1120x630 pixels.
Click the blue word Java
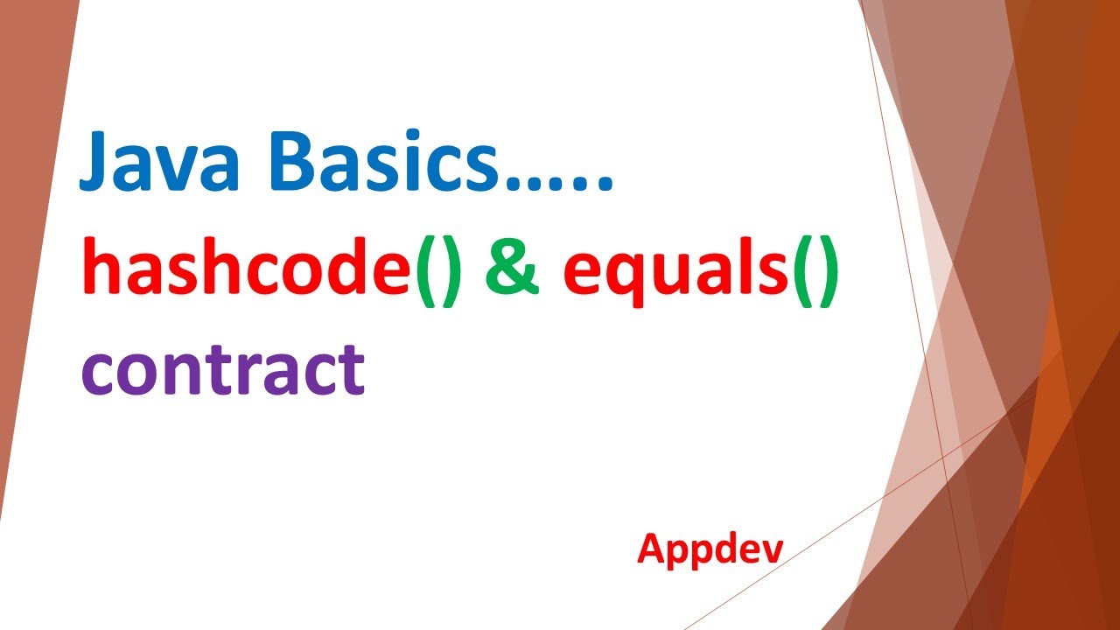pyautogui.click(x=153, y=164)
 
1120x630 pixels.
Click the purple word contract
pyautogui.click(x=222, y=367)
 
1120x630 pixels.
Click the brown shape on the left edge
pyautogui.click(x=22, y=262)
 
